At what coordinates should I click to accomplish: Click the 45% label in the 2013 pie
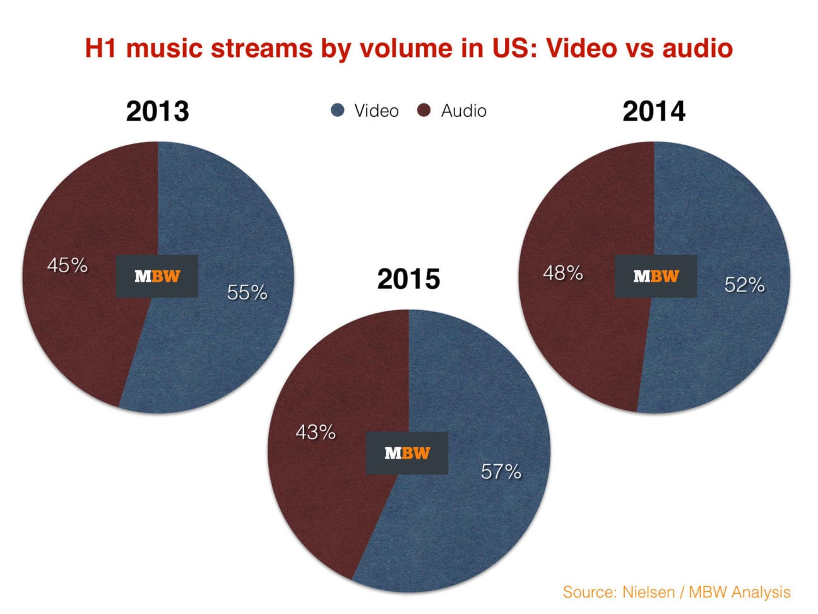click(x=67, y=265)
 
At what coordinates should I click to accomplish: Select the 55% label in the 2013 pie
click(x=247, y=292)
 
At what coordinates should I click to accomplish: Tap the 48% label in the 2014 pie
click(x=562, y=273)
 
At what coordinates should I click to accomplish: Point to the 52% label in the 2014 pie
click(x=744, y=285)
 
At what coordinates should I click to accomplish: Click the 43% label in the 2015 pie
click(x=316, y=433)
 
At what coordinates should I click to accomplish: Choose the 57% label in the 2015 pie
click(x=501, y=471)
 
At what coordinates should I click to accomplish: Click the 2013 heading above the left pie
click(x=157, y=111)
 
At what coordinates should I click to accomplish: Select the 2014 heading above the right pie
click(x=653, y=111)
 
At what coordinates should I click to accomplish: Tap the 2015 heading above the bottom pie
click(x=408, y=279)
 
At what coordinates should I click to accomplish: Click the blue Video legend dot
click(x=338, y=111)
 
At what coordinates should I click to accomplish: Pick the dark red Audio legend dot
click(x=424, y=111)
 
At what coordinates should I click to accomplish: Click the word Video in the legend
click(x=376, y=111)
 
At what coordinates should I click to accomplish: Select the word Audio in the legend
click(x=463, y=111)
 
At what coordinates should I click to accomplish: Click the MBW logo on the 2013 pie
click(x=157, y=276)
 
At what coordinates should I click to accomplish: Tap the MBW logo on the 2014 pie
click(x=656, y=276)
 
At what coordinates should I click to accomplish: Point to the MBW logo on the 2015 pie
click(x=407, y=453)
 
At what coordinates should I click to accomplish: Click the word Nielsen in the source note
click(x=643, y=592)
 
